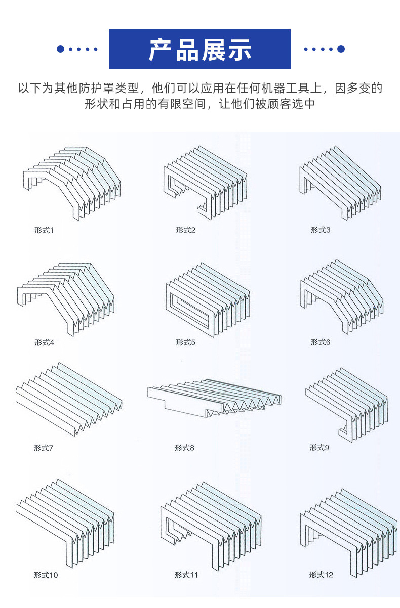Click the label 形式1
click(44, 230)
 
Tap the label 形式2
click(185, 230)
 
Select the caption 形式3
click(320, 230)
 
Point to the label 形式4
click(44, 342)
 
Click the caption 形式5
click(185, 342)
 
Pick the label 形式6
click(320, 342)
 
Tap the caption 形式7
click(44, 448)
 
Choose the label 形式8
click(184, 448)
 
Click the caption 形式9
click(319, 448)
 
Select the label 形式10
click(46, 575)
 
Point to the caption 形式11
click(186, 575)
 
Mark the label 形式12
click(322, 575)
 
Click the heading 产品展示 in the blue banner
click(200, 50)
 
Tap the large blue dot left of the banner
click(60, 49)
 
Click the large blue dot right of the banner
click(341, 49)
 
